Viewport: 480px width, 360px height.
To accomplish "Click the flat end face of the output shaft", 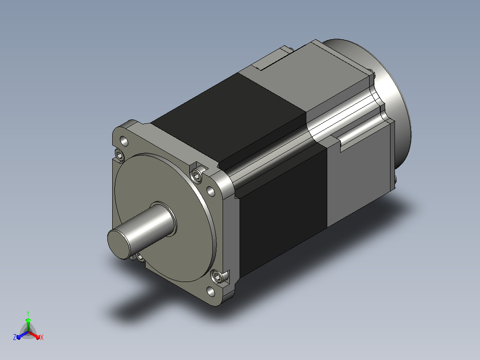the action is (x=119, y=244).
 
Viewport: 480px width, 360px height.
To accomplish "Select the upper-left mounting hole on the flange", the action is (x=124, y=141).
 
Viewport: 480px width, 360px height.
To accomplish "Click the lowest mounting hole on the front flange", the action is (x=211, y=291).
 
